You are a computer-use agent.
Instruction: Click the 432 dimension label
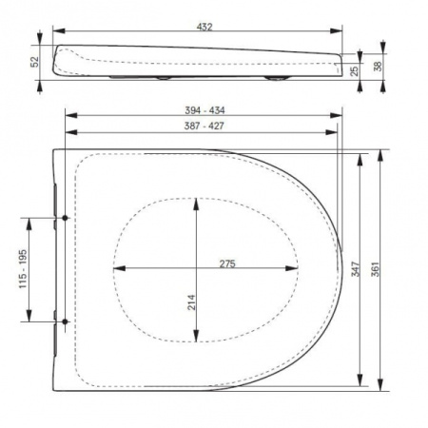click(204, 27)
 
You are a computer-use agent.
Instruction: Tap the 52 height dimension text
click(35, 62)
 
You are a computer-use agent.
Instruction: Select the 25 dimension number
click(355, 70)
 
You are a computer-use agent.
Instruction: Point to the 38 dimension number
click(378, 67)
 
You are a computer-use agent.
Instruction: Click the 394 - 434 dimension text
click(204, 110)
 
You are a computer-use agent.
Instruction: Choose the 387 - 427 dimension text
click(204, 126)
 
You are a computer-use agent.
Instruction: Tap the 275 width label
click(227, 263)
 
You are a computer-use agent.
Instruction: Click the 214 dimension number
click(192, 302)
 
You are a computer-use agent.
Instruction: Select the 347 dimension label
click(356, 269)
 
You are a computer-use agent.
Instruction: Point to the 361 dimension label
click(376, 269)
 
